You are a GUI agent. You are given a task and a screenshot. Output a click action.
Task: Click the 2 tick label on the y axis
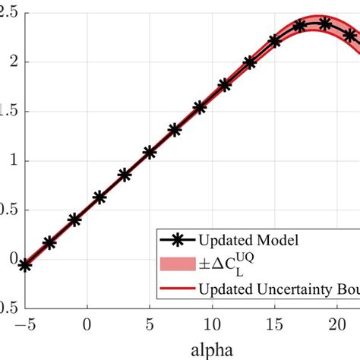(x=6, y=62)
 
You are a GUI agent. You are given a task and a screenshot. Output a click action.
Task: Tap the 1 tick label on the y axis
(x=6, y=161)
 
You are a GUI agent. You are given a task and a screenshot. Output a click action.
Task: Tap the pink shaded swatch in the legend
(x=175, y=264)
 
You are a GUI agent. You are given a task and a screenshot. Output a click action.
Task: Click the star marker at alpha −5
(x=25, y=265)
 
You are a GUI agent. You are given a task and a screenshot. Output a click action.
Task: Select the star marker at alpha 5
(x=150, y=152)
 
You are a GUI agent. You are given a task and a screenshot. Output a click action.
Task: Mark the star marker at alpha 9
(x=200, y=108)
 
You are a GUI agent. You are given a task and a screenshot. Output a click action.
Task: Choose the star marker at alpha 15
(x=275, y=41)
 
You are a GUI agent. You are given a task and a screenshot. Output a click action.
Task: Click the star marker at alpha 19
(x=325, y=24)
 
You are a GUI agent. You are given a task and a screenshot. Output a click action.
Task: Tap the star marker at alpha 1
(x=99, y=197)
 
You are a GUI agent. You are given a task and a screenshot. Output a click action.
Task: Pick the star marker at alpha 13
(x=250, y=63)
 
